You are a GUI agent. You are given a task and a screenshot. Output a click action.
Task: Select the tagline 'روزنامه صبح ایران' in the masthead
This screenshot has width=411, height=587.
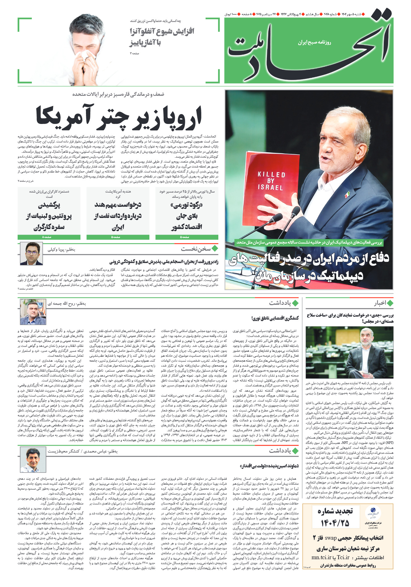tap(314, 42)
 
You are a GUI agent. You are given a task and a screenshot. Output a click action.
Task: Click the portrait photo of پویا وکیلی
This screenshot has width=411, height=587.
tap(32, 253)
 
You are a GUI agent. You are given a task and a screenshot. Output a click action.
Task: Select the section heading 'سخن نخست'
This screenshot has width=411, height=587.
tap(196, 249)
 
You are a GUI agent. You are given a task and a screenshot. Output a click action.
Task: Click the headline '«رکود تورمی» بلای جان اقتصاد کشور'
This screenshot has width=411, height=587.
tap(187, 216)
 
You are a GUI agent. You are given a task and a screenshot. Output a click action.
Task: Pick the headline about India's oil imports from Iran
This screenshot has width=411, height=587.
tap(118, 216)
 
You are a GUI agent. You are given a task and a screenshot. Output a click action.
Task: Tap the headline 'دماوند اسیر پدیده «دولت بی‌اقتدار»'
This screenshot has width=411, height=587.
tap(269, 466)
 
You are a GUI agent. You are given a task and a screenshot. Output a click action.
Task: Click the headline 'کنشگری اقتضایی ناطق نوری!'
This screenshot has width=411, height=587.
tap(275, 318)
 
